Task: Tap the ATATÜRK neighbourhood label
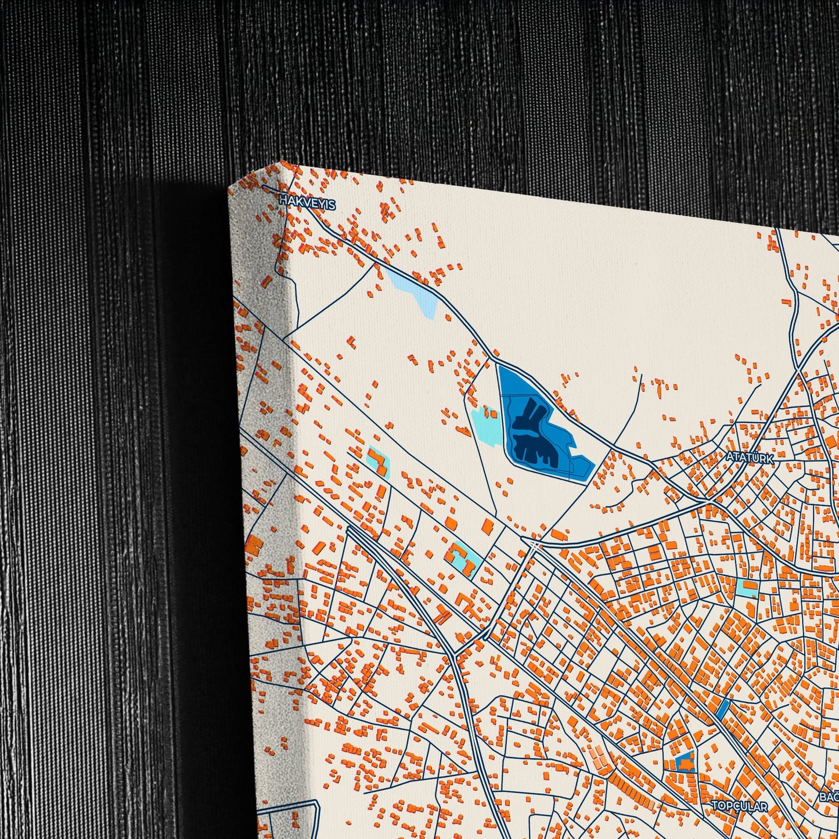click(749, 458)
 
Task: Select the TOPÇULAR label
click(739, 806)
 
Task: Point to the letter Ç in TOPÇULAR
click(733, 806)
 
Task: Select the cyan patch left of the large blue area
click(487, 427)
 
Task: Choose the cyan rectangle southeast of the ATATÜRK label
click(747, 588)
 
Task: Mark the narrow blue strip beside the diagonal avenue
click(723, 708)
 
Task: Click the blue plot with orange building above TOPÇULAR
click(686, 761)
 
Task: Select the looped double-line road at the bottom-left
click(290, 813)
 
